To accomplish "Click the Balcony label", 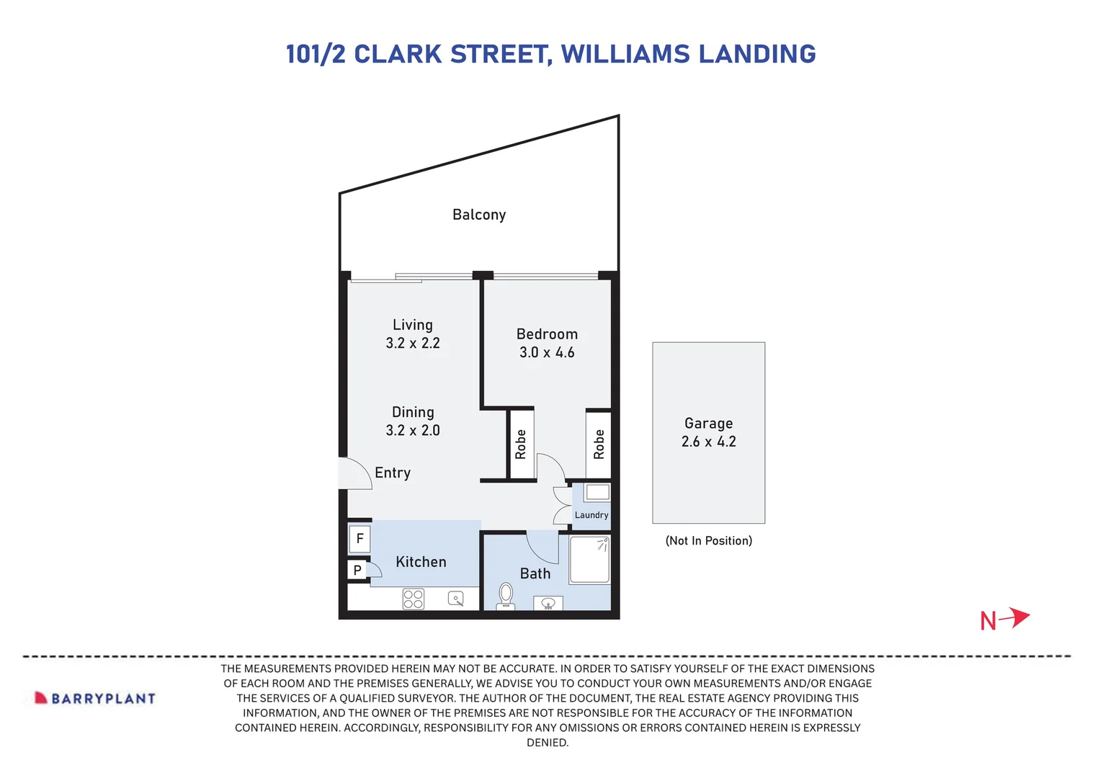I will pos(479,215).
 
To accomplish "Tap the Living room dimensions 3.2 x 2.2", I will pos(413,344).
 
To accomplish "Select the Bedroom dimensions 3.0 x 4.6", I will pos(547,353).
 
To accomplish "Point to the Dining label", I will pos(413,412).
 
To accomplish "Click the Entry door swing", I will pos(355,474).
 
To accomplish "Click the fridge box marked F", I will pos(360,539).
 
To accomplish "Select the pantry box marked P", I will pos(357,571).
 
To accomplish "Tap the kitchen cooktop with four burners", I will pos(414,599).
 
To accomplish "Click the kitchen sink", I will pos(456,599).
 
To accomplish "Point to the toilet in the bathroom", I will pos(506,596).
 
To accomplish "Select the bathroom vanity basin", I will pos(548,603).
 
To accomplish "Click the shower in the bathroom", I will pos(590,560).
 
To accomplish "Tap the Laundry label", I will pos(591,515).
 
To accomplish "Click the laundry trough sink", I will pos(597,493).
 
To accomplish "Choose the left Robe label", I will pos(521,444).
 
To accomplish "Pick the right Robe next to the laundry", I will pos(599,444).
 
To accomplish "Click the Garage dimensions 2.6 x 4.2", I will pos(708,442).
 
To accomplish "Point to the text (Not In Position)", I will pos(708,541).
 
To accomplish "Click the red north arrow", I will pos(1014,618).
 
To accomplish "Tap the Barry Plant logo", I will pos(95,698).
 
